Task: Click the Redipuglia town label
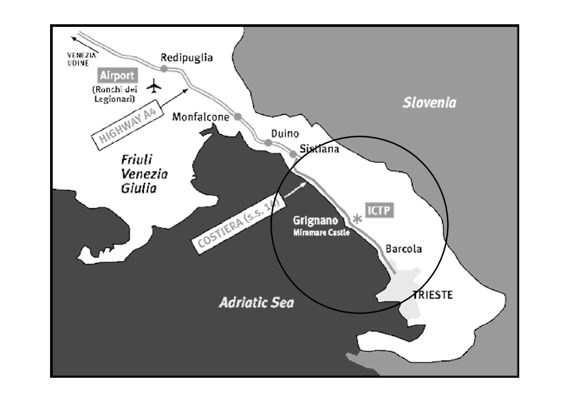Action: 187,57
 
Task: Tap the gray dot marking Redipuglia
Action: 164,68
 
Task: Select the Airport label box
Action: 117,75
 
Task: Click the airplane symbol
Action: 154,85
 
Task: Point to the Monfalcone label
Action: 201,117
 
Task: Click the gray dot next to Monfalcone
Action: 238,116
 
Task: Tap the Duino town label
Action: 284,134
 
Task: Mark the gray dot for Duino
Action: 268,143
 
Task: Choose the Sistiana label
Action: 319,149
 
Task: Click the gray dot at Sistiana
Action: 293,154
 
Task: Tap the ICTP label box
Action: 379,211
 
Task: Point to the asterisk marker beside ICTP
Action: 357,218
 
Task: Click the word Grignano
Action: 315,222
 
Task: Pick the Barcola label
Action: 404,249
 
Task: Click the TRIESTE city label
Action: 433,295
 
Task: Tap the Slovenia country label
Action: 429,103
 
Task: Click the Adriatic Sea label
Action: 256,302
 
